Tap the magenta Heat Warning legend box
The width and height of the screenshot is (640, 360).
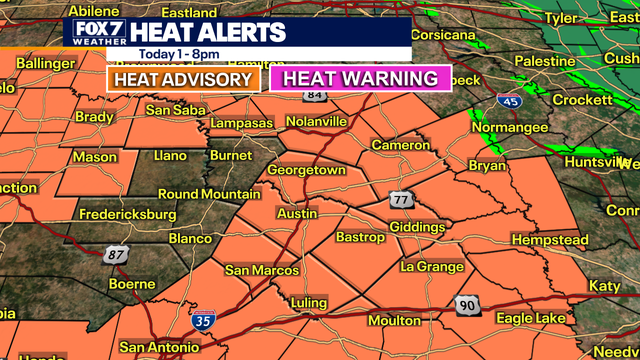[x=360, y=78]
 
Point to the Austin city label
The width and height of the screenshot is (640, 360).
[x=296, y=213]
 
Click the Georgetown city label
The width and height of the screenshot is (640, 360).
[x=306, y=170]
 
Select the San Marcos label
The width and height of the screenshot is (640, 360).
[x=261, y=270]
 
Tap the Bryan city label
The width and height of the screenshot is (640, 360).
[x=487, y=166]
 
